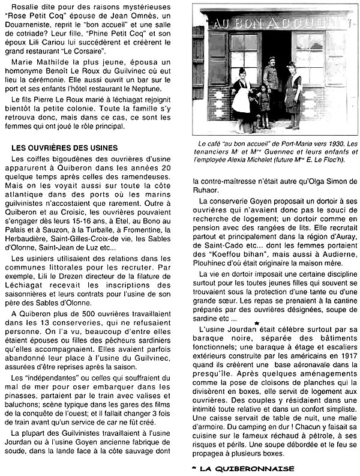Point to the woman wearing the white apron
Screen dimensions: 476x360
coord(242,96)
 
